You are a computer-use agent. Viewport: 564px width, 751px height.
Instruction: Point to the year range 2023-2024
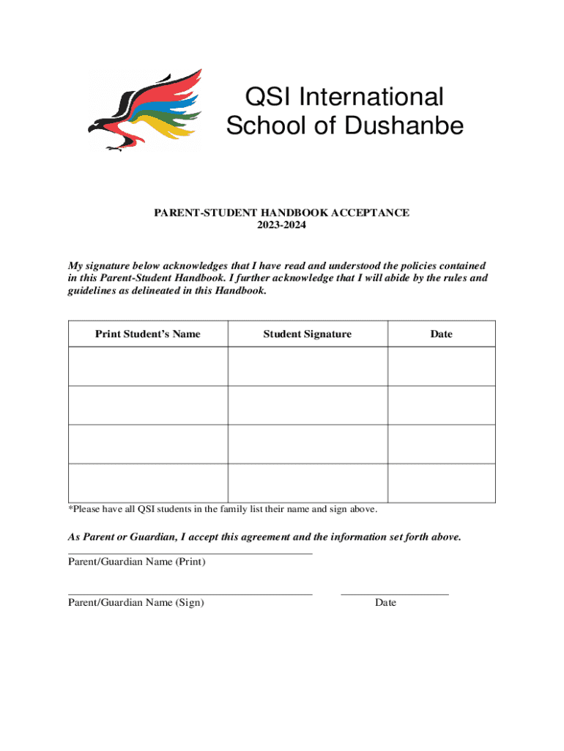pos(281,226)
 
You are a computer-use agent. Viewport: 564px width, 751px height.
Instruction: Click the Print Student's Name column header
pos(147,334)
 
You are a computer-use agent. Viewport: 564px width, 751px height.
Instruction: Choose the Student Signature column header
pos(307,334)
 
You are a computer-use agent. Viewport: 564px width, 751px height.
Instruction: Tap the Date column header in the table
pos(441,334)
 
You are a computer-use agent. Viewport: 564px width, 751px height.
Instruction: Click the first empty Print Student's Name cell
pos(147,366)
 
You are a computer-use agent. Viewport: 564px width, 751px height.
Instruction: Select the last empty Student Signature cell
pos(307,483)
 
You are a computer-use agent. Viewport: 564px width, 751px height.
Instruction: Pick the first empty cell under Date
pos(441,366)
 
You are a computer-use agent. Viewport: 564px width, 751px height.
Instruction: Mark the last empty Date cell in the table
pos(441,483)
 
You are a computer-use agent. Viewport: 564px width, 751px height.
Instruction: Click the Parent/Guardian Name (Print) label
pos(136,562)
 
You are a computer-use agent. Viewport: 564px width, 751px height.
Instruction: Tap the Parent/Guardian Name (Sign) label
pos(136,603)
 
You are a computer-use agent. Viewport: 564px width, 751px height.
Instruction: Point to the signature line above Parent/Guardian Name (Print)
pos(190,554)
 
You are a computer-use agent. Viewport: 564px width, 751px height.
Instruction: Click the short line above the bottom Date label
pos(395,594)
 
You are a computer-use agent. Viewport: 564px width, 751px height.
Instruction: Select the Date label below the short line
pos(385,603)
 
